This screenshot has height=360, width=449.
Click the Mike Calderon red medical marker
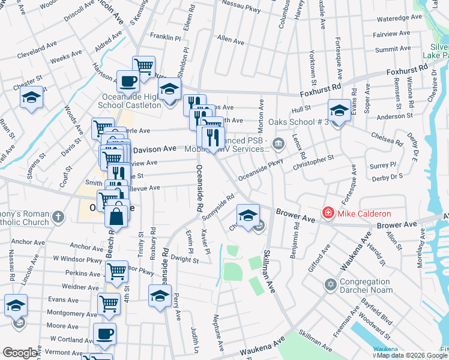point(328,213)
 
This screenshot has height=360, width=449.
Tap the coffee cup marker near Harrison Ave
point(127,82)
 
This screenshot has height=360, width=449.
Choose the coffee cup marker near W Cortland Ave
point(105,334)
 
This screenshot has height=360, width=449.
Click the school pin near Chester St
point(31,99)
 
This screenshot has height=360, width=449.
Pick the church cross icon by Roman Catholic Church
point(57,217)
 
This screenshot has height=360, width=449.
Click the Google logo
point(20,353)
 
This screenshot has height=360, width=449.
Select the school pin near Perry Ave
point(160,296)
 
